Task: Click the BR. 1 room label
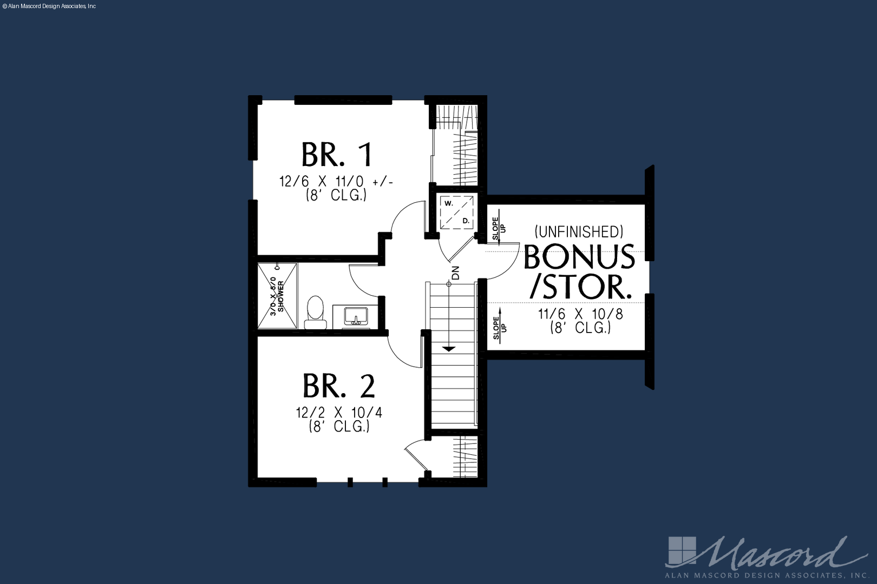click(337, 155)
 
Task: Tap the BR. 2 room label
click(339, 386)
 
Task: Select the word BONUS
click(579, 257)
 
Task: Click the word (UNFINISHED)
click(579, 231)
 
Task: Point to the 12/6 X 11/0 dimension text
click(336, 182)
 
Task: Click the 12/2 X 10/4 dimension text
click(339, 413)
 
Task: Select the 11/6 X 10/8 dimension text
click(580, 314)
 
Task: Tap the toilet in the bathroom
click(315, 312)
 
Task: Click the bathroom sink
click(356, 316)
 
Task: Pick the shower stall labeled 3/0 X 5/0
click(277, 296)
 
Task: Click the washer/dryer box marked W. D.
click(456, 213)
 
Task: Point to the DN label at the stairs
click(455, 273)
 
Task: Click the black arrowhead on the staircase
click(449, 349)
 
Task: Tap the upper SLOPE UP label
click(499, 228)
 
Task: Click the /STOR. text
click(581, 287)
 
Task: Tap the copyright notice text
click(49, 6)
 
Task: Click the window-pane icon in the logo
click(682, 551)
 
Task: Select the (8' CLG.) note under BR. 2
click(339, 426)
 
